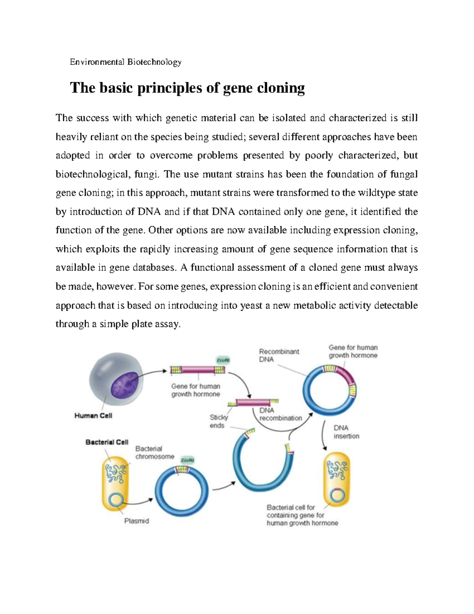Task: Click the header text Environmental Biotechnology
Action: pyautogui.click(x=125, y=62)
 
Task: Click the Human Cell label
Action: pyautogui.click(x=93, y=416)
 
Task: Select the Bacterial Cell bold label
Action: pyautogui.click(x=107, y=442)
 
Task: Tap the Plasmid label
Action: pyautogui.click(x=137, y=521)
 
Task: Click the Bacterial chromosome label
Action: pyautogui.click(x=154, y=453)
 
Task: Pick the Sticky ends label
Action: pyautogui.click(x=218, y=421)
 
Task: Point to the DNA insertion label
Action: pyautogui.click(x=346, y=432)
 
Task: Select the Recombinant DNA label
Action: pyautogui.click(x=278, y=355)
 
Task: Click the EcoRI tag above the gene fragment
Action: pyautogui.click(x=223, y=360)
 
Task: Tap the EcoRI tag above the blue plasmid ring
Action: pyautogui.click(x=188, y=461)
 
